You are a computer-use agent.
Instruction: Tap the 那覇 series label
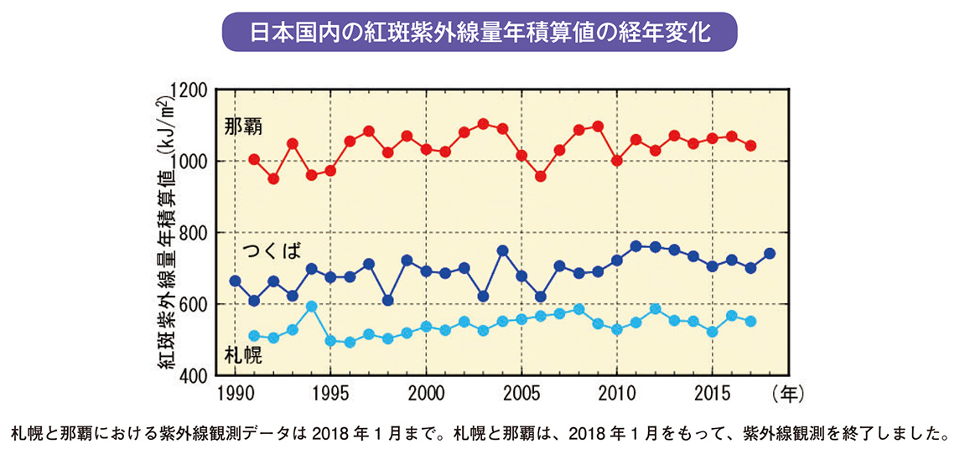point(244,127)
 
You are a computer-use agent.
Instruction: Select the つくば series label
point(272,250)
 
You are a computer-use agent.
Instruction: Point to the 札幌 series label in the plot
point(244,354)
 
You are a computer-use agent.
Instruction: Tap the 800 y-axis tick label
point(195,233)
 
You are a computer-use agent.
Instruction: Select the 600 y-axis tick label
point(195,304)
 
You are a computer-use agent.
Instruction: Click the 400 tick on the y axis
point(195,376)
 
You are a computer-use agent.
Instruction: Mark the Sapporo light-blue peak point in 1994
point(312,307)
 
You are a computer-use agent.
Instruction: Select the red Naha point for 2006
point(541,177)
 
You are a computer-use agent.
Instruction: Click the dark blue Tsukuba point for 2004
point(503,250)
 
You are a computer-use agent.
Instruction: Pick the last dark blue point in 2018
point(770,254)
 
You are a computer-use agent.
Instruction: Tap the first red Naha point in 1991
point(254,159)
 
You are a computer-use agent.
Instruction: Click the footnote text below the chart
point(481,434)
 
